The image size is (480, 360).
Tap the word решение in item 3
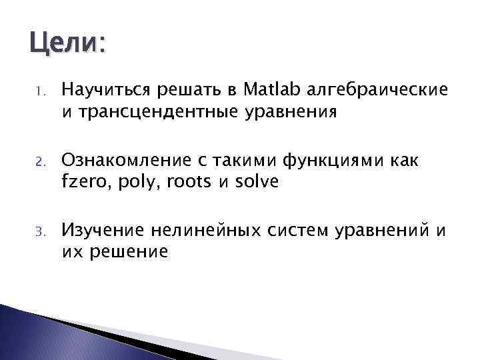127,253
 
